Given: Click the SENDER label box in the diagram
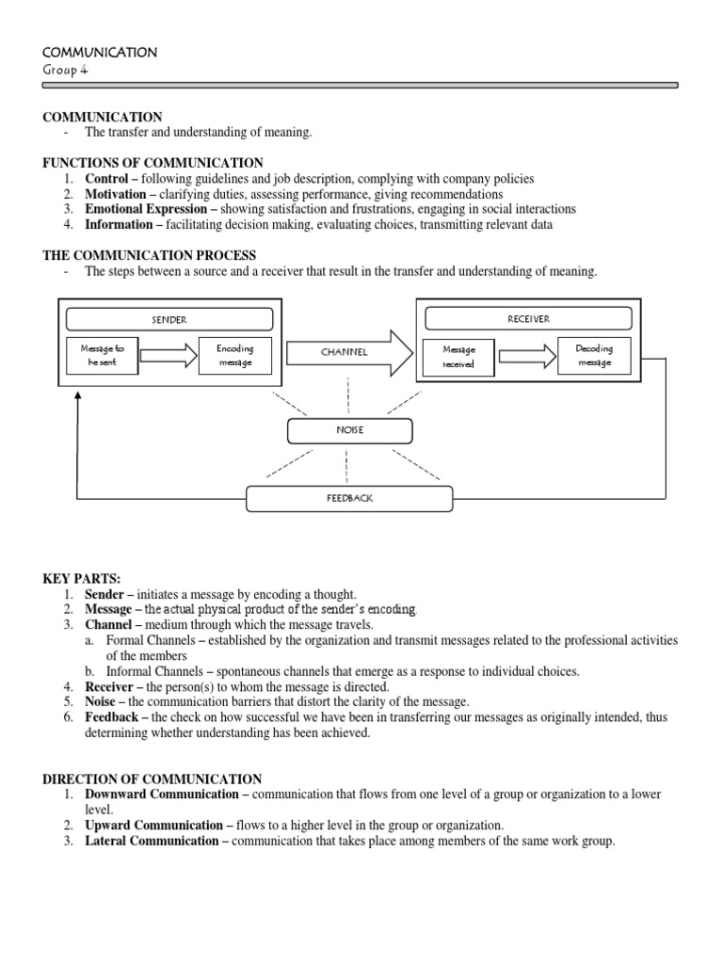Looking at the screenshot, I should pos(169,319).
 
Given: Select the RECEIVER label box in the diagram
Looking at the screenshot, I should pos(528,318).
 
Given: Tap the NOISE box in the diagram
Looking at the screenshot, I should pos(349,430).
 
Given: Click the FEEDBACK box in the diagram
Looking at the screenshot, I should pos(349,498).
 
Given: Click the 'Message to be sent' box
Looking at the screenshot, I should pos(102,356).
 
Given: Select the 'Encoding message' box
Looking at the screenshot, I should pos(234,356).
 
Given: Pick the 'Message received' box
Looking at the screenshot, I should pos(458,357).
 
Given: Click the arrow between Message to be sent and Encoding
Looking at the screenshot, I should pos(169,356).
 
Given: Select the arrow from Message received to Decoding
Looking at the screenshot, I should pos(527,356).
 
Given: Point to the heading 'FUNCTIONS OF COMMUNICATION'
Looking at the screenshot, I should pos(153,163).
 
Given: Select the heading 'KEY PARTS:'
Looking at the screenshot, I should pos(81,579).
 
